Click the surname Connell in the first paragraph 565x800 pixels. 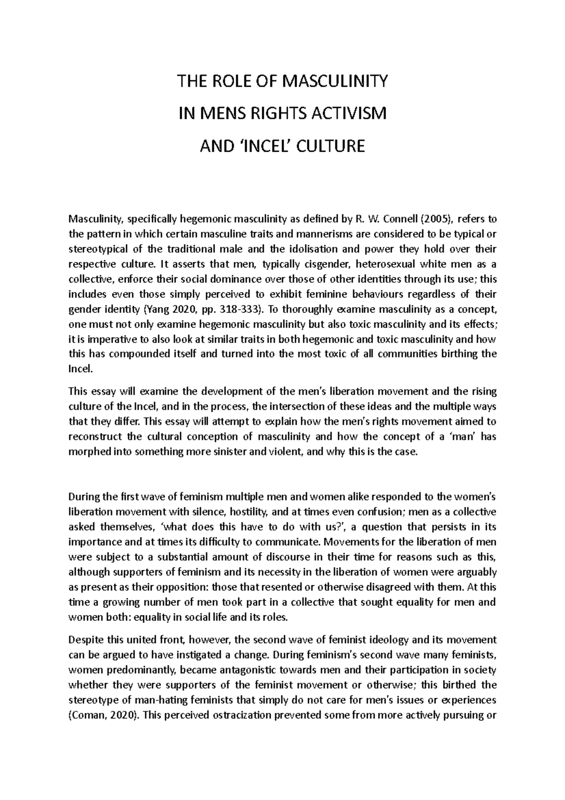pos(402,219)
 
